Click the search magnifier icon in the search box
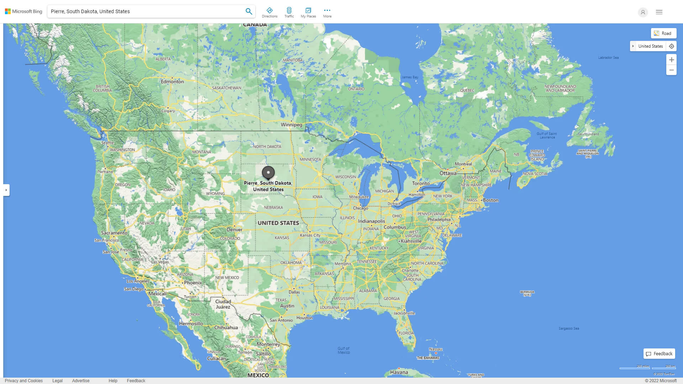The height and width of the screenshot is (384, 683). (x=249, y=11)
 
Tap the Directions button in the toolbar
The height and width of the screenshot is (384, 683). (x=270, y=12)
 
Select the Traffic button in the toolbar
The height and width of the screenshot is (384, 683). (x=289, y=12)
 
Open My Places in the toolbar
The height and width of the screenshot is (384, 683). (x=308, y=12)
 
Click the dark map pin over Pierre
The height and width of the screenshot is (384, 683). (x=268, y=173)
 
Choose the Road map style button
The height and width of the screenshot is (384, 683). (x=663, y=33)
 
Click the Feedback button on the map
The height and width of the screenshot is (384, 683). (x=659, y=354)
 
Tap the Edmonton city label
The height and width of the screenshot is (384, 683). (x=172, y=81)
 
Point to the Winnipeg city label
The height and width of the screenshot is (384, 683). (x=291, y=125)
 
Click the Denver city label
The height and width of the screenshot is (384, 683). (x=234, y=230)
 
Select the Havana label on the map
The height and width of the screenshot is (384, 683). (x=399, y=372)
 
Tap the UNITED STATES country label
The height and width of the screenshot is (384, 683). (x=278, y=223)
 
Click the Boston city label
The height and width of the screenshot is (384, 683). (x=491, y=200)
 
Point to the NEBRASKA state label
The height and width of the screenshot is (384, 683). (x=274, y=208)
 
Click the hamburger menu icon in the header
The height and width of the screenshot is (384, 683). (x=659, y=12)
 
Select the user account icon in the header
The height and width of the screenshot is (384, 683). (x=643, y=12)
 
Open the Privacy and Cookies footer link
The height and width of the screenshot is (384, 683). (x=24, y=381)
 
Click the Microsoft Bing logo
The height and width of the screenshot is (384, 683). (x=23, y=11)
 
